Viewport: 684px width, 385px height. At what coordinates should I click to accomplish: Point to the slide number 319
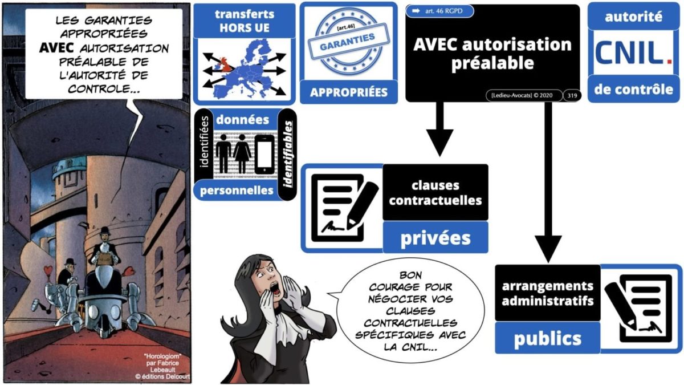571,96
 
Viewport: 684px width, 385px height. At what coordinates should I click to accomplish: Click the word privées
435,237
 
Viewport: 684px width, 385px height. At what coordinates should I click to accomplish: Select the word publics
547,338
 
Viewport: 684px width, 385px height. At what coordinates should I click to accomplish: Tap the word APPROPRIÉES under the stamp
348,91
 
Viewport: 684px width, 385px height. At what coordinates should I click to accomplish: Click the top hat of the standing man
104,230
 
